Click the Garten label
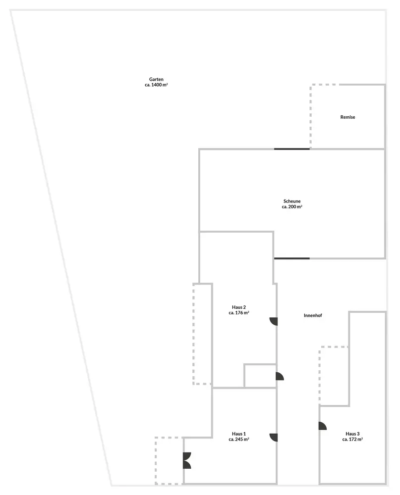pyautogui.click(x=156, y=79)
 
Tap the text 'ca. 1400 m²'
pyautogui.click(x=156, y=85)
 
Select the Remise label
pyautogui.click(x=347, y=117)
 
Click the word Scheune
pyautogui.click(x=292, y=201)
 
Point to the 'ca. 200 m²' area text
pyautogui.click(x=292, y=207)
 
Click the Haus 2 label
pyautogui.click(x=238, y=307)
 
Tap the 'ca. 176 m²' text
pyautogui.click(x=238, y=313)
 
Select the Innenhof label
pyautogui.click(x=313, y=315)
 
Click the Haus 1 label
pyautogui.click(x=238, y=433)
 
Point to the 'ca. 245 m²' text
pyautogui.click(x=238, y=439)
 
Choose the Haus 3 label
pyautogui.click(x=352, y=434)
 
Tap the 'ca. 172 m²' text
pyautogui.click(x=352, y=440)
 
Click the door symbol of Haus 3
pyautogui.click(x=322, y=426)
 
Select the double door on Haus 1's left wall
pyautogui.click(x=187, y=461)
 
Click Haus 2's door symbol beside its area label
pyautogui.click(x=274, y=321)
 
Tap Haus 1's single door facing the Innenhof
pyautogui.click(x=274, y=437)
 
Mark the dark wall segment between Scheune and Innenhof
pyautogui.click(x=292, y=258)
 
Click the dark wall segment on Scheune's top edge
pyautogui.click(x=292, y=149)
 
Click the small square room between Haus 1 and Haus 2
pyautogui.click(x=260, y=376)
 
